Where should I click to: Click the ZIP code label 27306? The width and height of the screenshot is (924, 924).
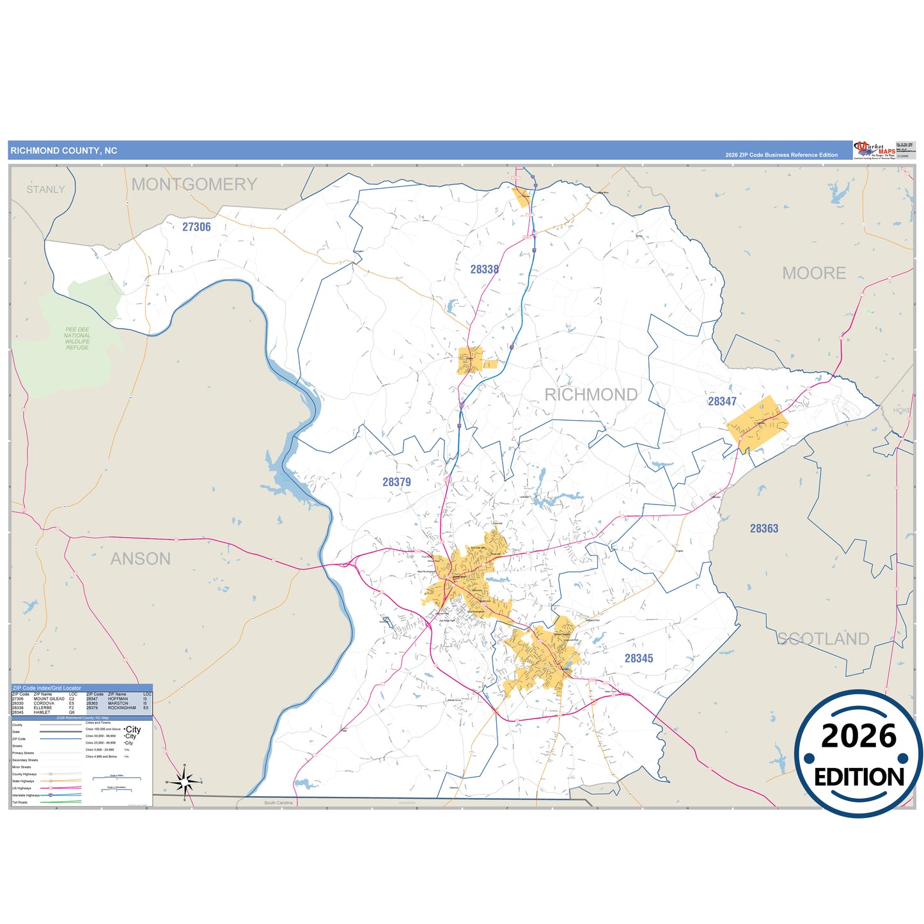click(196, 227)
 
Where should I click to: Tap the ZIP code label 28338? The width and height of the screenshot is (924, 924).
click(484, 269)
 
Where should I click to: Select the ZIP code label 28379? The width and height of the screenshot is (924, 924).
click(396, 482)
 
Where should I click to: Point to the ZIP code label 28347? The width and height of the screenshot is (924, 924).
click(722, 402)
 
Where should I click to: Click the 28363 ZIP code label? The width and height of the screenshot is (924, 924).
click(764, 528)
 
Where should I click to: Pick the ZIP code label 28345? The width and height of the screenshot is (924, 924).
click(639, 658)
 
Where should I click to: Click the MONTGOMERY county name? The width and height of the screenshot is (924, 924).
click(194, 184)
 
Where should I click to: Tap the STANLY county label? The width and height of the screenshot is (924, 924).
click(45, 189)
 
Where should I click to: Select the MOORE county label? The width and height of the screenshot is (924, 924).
click(814, 273)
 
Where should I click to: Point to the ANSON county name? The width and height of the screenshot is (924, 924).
click(141, 559)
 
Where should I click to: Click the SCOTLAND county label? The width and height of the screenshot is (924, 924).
click(823, 639)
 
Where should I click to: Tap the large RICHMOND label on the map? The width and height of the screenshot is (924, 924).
click(591, 395)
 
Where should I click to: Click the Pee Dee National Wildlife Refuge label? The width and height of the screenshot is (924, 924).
click(77, 339)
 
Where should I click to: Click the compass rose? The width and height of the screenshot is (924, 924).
click(184, 781)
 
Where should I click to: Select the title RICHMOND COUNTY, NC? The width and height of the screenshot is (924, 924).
click(64, 151)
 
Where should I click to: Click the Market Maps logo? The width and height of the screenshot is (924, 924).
click(874, 150)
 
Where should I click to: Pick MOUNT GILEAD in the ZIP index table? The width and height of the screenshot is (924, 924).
click(49, 699)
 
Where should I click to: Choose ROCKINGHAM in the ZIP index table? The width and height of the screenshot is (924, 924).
click(121, 708)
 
